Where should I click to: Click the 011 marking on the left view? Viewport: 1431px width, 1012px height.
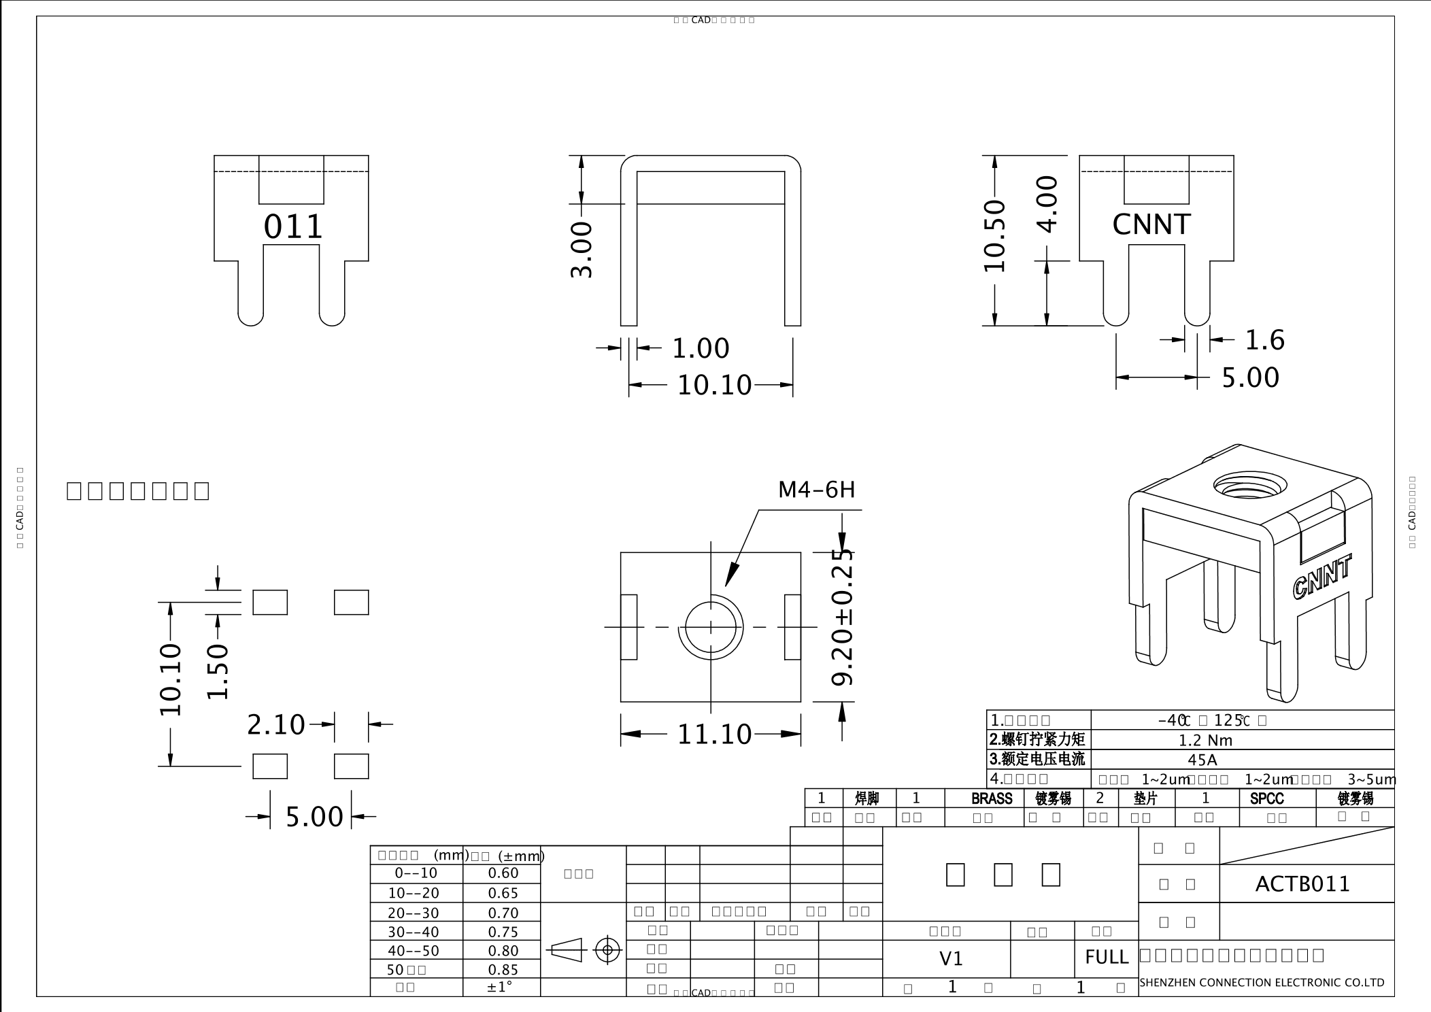[x=293, y=227]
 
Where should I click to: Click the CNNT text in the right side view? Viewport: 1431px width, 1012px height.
[x=1151, y=224]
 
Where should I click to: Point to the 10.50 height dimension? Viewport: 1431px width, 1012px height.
[x=994, y=235]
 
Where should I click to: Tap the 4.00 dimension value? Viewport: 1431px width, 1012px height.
[x=1047, y=204]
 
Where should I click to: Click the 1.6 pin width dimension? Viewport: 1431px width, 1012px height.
[x=1264, y=340]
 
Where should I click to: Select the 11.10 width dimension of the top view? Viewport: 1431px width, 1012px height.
[x=713, y=735]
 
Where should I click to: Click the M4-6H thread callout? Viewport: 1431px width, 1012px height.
[x=816, y=490]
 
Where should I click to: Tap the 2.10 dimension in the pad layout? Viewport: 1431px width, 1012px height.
[x=276, y=725]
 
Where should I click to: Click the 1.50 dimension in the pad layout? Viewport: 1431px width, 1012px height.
[x=218, y=672]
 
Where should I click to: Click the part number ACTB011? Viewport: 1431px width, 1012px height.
[x=1302, y=884]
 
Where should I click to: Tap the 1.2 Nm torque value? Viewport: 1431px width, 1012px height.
[x=1205, y=740]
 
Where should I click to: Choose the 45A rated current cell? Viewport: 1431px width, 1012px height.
[x=1202, y=760]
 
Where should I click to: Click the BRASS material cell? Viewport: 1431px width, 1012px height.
[x=991, y=798]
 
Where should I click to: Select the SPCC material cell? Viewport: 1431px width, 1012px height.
[x=1266, y=798]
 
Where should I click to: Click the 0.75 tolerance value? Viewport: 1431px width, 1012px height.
[x=503, y=932]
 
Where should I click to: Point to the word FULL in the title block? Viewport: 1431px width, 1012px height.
[x=1107, y=958]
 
